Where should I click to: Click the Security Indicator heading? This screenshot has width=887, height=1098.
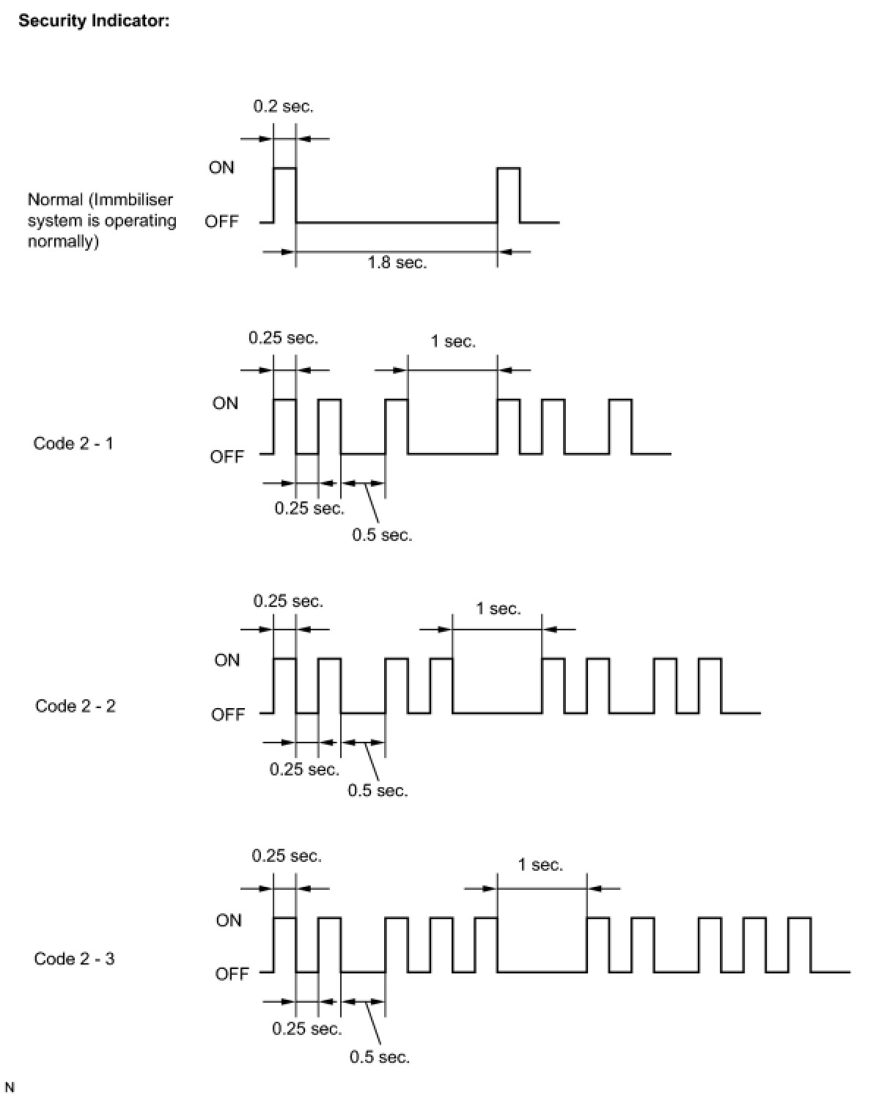[x=94, y=21]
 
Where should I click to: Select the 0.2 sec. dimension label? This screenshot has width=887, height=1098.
[x=283, y=106]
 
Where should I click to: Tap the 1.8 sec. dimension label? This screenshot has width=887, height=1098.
[x=397, y=262]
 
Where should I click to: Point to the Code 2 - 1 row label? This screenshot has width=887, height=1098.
[x=73, y=443]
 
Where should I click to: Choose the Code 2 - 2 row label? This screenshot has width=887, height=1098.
[x=75, y=706]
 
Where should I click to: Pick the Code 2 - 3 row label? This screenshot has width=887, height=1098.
[x=74, y=959]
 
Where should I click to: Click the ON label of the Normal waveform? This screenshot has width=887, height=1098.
[x=221, y=167]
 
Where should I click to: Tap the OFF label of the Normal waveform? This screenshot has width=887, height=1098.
[x=221, y=221]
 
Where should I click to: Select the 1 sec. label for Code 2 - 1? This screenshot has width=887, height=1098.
[x=452, y=341]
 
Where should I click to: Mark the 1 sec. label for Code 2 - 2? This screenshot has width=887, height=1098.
[x=498, y=608]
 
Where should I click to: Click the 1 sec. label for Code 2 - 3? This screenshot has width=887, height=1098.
[x=540, y=865]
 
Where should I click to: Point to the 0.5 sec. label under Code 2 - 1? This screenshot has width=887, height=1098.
[x=382, y=535]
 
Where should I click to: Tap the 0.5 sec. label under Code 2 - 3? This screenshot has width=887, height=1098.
[x=379, y=1057]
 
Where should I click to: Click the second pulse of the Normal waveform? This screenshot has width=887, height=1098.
[x=509, y=194]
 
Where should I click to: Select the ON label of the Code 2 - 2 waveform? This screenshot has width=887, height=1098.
[x=227, y=660]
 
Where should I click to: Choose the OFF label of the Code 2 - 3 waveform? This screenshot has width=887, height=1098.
[x=232, y=973]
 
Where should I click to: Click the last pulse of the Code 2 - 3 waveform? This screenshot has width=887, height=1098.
[x=799, y=944]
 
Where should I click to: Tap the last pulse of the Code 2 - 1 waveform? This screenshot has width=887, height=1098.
[x=620, y=427]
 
